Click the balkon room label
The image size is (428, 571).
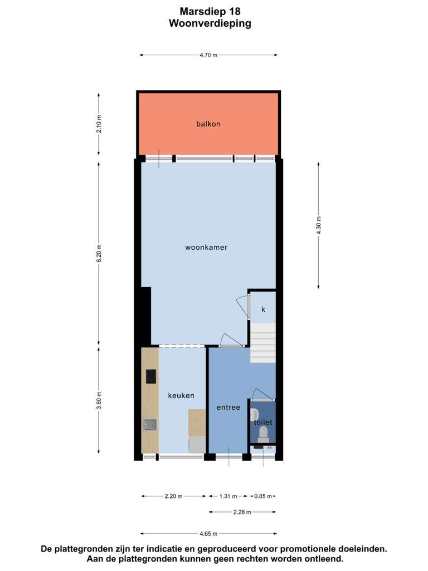[x=208, y=124]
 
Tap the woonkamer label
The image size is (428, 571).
[x=206, y=247]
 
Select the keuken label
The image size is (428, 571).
[x=181, y=395]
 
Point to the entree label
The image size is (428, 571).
[x=228, y=408]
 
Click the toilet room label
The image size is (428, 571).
[x=263, y=422]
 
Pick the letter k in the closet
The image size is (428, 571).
[x=263, y=309]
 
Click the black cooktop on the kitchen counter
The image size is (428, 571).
[x=151, y=376]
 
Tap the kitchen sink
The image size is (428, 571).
[x=150, y=424]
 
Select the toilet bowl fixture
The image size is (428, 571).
[x=263, y=435]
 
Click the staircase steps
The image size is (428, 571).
[x=263, y=343]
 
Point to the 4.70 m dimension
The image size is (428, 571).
[x=208, y=55]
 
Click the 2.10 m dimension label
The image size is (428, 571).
[x=99, y=124]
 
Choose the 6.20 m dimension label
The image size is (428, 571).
[x=99, y=253]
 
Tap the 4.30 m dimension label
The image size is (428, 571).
[x=319, y=225]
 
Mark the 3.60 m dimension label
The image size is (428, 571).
[x=99, y=400]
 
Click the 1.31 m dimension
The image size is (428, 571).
[x=228, y=496]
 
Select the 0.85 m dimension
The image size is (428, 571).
[x=263, y=496]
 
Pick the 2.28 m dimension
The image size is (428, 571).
[x=242, y=512]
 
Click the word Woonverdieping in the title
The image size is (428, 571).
[x=210, y=23]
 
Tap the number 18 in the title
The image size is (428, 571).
[x=235, y=12]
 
